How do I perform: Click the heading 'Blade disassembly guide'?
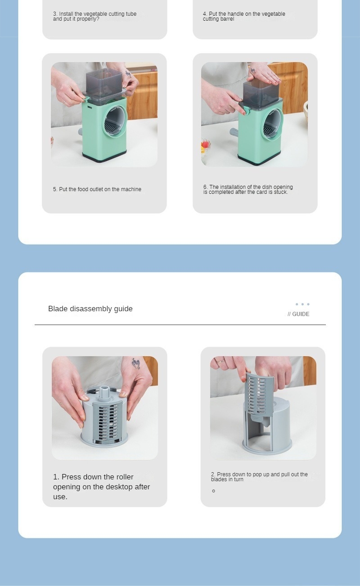(x=90, y=309)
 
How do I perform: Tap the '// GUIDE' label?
(x=298, y=314)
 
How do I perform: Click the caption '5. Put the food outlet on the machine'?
(x=97, y=189)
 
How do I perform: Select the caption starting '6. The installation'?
(x=248, y=189)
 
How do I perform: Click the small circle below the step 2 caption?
(x=213, y=491)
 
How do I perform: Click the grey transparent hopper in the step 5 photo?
(x=104, y=83)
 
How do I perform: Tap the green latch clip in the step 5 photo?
(x=86, y=99)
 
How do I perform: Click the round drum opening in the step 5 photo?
(x=115, y=121)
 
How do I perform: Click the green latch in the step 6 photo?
(x=247, y=111)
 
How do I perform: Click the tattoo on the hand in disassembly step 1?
(x=136, y=364)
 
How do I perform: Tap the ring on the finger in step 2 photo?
(x=221, y=361)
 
